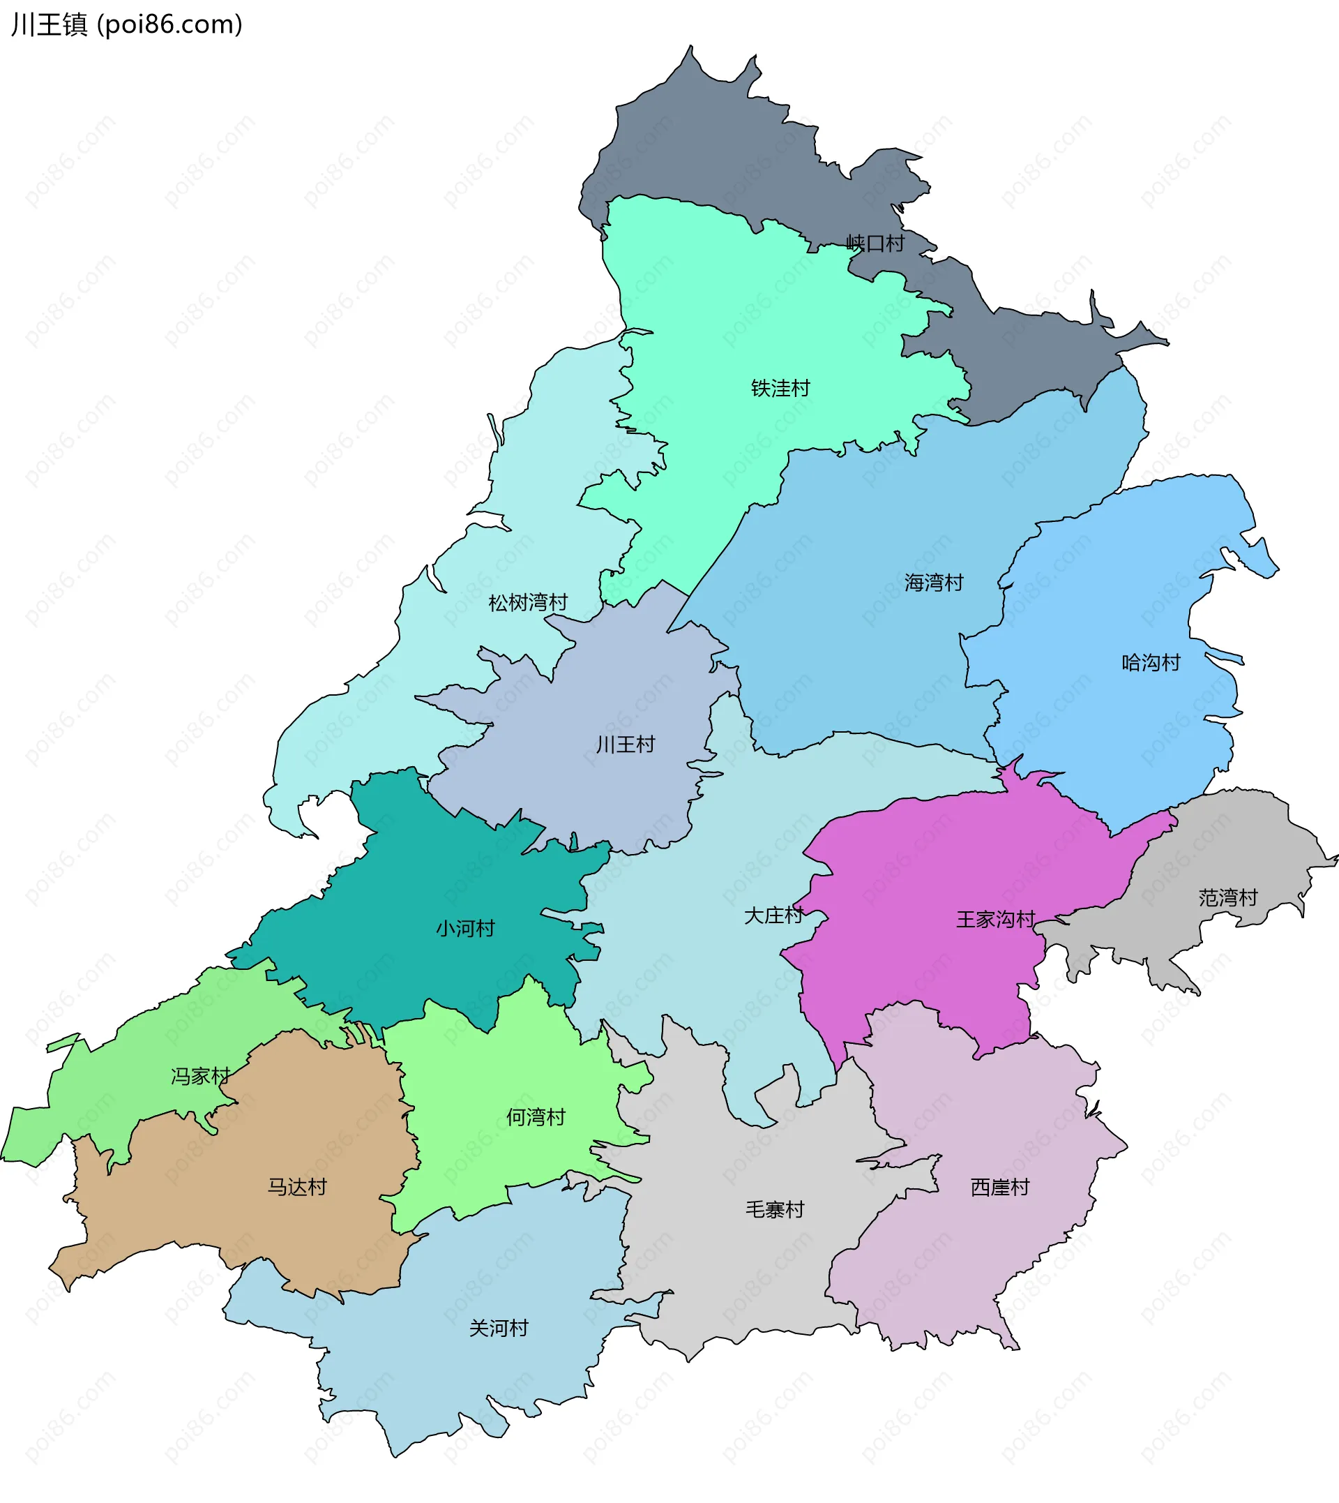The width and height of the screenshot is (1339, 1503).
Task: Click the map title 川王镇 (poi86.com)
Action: tap(126, 25)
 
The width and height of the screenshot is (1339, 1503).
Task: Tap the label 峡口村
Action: tap(875, 244)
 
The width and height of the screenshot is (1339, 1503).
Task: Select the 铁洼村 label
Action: tap(780, 388)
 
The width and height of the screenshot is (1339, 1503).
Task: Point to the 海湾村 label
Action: tap(934, 583)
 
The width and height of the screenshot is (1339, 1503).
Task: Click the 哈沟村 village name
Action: tap(1151, 663)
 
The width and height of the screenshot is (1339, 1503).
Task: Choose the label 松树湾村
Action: tap(528, 603)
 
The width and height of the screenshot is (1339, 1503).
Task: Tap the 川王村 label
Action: tap(626, 745)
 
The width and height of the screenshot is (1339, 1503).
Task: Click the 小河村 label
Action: tap(465, 929)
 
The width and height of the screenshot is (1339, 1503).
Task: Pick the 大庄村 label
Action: tap(773, 915)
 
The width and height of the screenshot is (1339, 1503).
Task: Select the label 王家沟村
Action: tap(995, 920)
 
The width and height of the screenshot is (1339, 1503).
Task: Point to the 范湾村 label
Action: tap(1228, 898)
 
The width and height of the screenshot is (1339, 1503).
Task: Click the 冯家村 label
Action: tap(200, 1077)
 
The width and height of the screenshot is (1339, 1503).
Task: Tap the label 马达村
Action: tap(296, 1187)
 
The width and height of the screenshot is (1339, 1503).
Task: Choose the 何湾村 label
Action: tap(536, 1117)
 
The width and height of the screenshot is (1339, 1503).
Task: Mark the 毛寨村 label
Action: tap(775, 1209)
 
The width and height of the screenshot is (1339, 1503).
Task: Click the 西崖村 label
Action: tap(1000, 1187)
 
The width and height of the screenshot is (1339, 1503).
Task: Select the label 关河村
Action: tap(499, 1329)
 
